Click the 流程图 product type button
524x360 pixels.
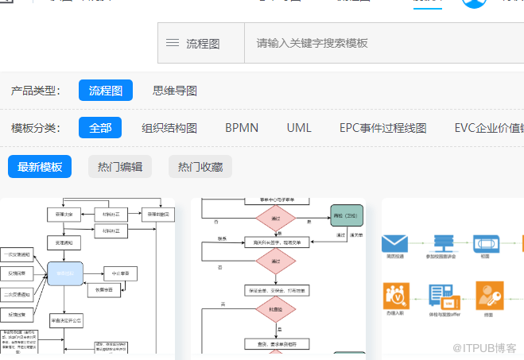click(x=105, y=91)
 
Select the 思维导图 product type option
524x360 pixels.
click(x=174, y=91)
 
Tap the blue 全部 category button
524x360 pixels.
click(x=100, y=128)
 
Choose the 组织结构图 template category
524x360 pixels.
click(x=169, y=128)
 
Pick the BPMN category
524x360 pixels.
click(x=241, y=128)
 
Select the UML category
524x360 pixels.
click(x=299, y=128)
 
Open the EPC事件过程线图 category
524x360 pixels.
click(x=382, y=128)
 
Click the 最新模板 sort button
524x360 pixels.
click(x=40, y=167)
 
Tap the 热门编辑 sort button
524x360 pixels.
click(x=120, y=167)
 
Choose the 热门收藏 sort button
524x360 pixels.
click(x=200, y=167)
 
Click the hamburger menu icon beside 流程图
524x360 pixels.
click(x=173, y=43)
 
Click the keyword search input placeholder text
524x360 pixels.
click(x=312, y=43)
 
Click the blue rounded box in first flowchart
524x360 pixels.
click(x=65, y=273)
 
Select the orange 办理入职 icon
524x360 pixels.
click(x=395, y=294)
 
